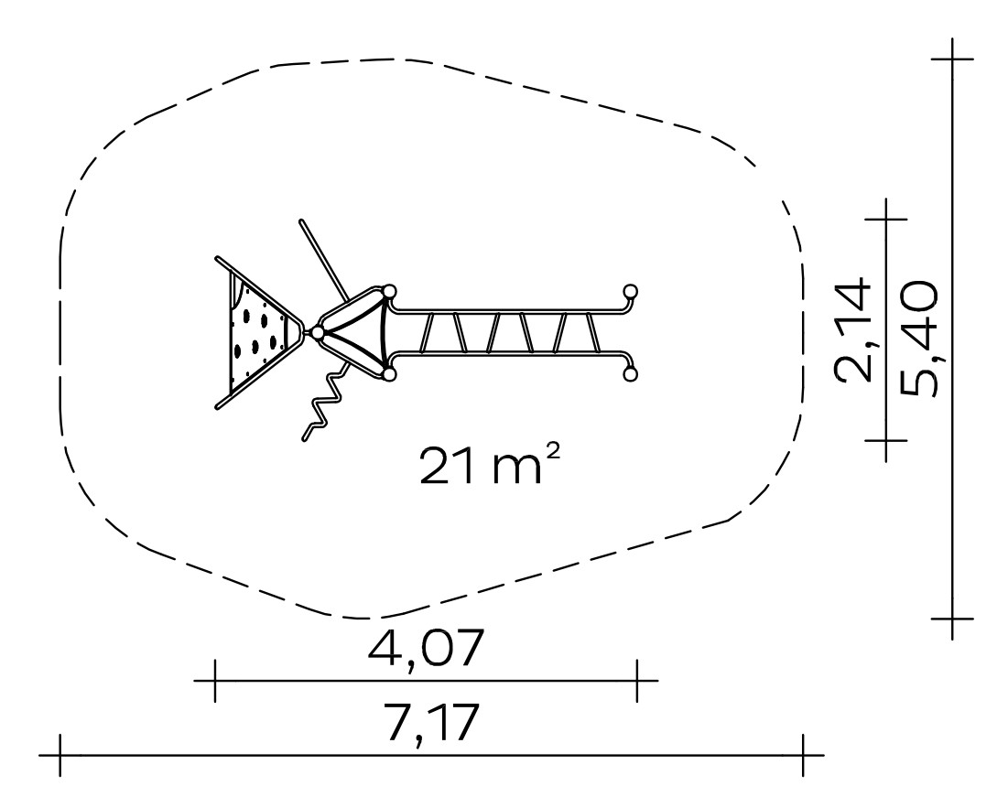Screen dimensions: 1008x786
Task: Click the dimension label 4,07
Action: (x=425, y=648)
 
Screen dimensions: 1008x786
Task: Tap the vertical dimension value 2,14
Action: (x=853, y=330)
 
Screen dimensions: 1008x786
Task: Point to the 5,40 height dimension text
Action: (x=919, y=338)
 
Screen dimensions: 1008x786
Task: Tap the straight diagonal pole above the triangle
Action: (x=323, y=260)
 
